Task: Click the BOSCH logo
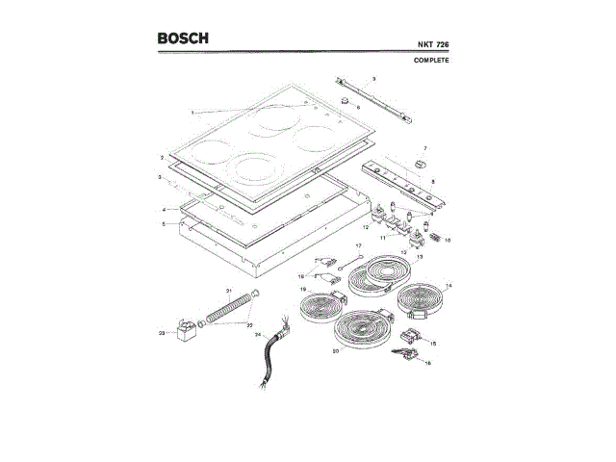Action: (183, 39)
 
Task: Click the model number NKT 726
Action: (432, 45)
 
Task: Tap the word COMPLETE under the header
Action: (432, 61)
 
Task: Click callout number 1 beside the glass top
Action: (192, 113)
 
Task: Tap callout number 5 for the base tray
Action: (165, 223)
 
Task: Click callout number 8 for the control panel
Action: (433, 182)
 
